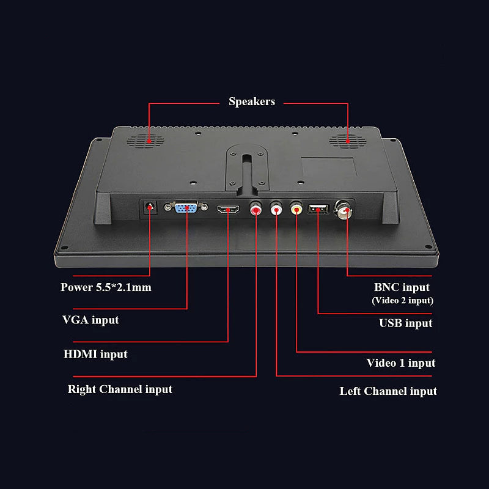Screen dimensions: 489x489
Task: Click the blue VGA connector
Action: [186, 207]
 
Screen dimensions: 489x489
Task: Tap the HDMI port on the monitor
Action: [228, 209]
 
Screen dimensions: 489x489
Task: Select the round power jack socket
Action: [150, 207]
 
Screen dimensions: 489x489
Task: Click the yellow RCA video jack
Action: [296, 208]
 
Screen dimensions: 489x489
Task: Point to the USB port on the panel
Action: [318, 208]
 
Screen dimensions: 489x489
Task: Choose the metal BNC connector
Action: [344, 210]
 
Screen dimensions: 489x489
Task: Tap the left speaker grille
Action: [145, 141]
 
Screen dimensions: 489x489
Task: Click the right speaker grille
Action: [347, 141]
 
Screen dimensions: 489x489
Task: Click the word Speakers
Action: [252, 101]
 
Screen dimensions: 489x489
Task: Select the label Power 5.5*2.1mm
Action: [106, 287]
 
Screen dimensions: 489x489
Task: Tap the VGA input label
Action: [90, 320]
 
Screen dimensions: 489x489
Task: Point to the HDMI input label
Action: [95, 355]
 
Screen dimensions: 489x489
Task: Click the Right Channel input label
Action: [120, 389]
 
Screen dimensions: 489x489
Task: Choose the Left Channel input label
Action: [388, 391]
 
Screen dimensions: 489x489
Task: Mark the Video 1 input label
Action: [401, 363]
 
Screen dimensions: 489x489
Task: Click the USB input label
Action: [406, 323]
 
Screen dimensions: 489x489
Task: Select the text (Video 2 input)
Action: [403, 301]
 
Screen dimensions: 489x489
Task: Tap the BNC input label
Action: [402, 287]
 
